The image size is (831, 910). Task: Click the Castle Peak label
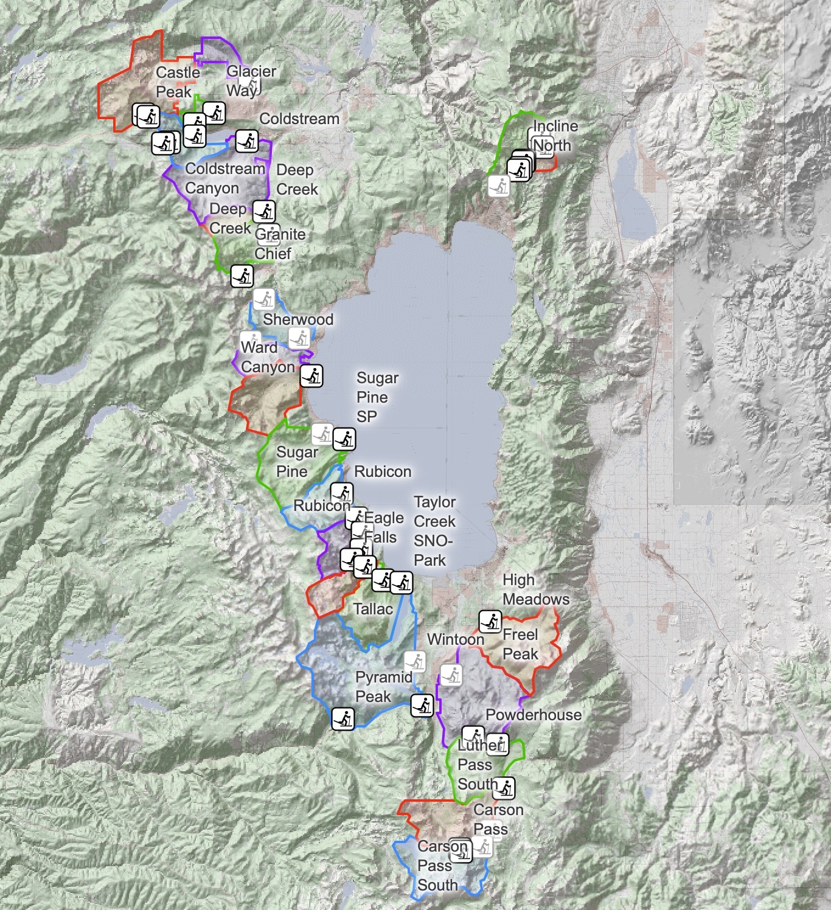pyautogui.click(x=177, y=82)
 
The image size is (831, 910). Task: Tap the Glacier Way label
pyautogui.click(x=251, y=81)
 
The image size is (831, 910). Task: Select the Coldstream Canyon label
pyautogui.click(x=224, y=178)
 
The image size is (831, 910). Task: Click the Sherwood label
pyautogui.click(x=297, y=319)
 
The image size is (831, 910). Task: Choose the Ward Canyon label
pyautogui.click(x=267, y=357)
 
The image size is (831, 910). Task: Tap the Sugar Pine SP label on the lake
pyautogui.click(x=377, y=397)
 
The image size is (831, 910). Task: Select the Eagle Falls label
pyautogui.click(x=383, y=527)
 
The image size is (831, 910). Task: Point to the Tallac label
pyautogui.click(x=372, y=609)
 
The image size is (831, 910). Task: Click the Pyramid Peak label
pyautogui.click(x=383, y=687)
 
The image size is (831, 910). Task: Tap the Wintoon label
pyautogui.click(x=455, y=639)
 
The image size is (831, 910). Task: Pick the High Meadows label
pyautogui.click(x=535, y=589)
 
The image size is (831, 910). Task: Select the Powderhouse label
pyautogui.click(x=533, y=715)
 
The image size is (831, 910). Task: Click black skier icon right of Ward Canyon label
pyautogui.click(x=311, y=376)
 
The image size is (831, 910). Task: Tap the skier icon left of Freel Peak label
pyautogui.click(x=490, y=622)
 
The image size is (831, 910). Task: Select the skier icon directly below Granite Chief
pyautogui.click(x=242, y=276)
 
